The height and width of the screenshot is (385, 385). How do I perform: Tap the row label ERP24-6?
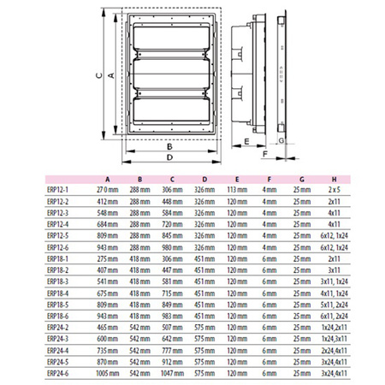59,372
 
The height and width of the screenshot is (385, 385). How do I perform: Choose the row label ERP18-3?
59,280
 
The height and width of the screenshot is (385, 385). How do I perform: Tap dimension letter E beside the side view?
246,139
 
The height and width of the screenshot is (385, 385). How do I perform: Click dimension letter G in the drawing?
281,139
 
